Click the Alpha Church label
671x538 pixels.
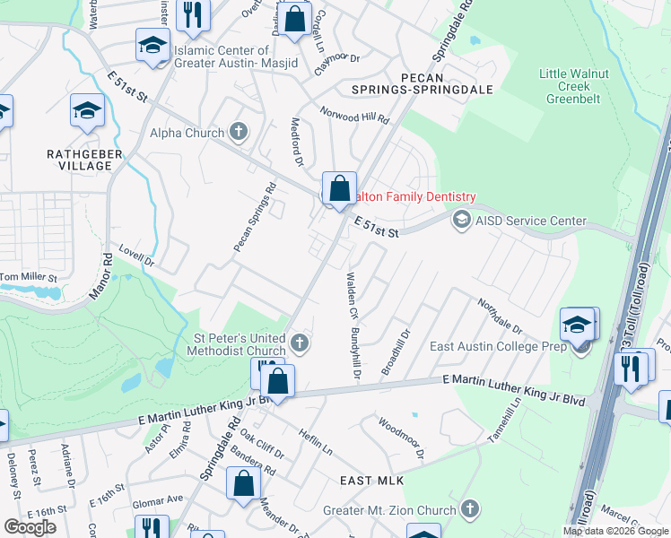pyautogui.click(x=186, y=134)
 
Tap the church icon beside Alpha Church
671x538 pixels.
pyautogui.click(x=238, y=133)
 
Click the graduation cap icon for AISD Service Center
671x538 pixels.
pyautogui.click(x=461, y=220)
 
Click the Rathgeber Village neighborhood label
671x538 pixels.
pyautogui.click(x=84, y=161)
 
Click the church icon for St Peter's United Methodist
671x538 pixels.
pyautogui.click(x=301, y=343)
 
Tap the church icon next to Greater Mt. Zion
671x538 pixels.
pyautogui.click(x=468, y=510)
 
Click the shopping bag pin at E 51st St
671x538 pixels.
pyautogui.click(x=339, y=189)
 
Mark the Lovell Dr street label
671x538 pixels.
pyautogui.click(x=137, y=259)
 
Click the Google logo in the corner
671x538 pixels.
pyautogui.click(x=30, y=527)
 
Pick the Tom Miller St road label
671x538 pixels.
pyautogui.click(x=29, y=278)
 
